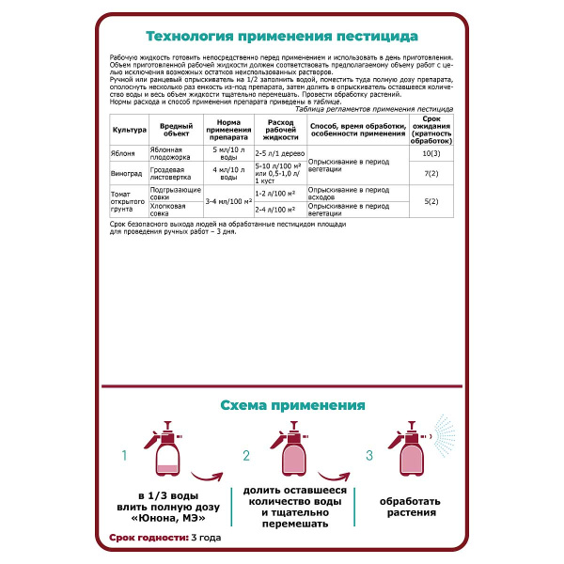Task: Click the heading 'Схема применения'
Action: click(x=292, y=406)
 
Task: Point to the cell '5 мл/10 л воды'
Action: click(x=227, y=152)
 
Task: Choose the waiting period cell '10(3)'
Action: click(x=432, y=152)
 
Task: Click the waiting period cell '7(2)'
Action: click(x=432, y=173)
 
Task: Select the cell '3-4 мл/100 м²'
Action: click(x=227, y=202)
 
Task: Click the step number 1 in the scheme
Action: click(x=123, y=456)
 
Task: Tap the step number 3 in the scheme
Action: click(x=369, y=456)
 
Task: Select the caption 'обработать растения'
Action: click(x=409, y=507)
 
